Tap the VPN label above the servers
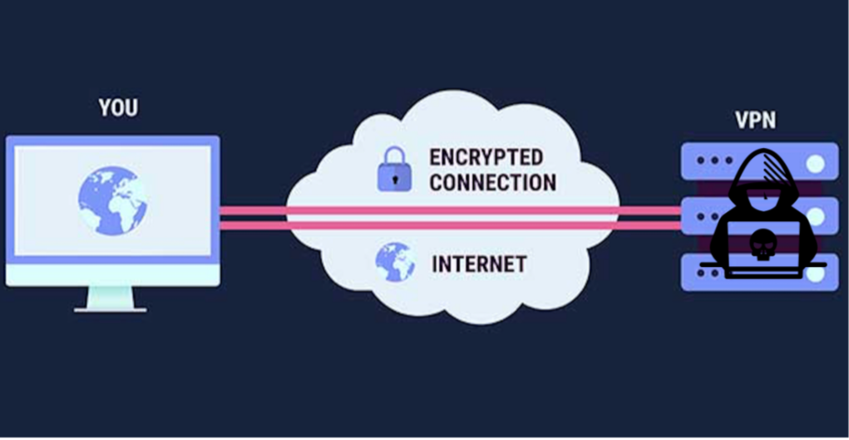point(755,121)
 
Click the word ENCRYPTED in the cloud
point(486,157)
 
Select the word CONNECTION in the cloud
point(492,181)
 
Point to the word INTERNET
point(479,264)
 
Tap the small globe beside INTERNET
point(394,262)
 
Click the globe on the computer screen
point(112,200)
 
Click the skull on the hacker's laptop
point(759,245)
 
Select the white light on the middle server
point(817,217)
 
